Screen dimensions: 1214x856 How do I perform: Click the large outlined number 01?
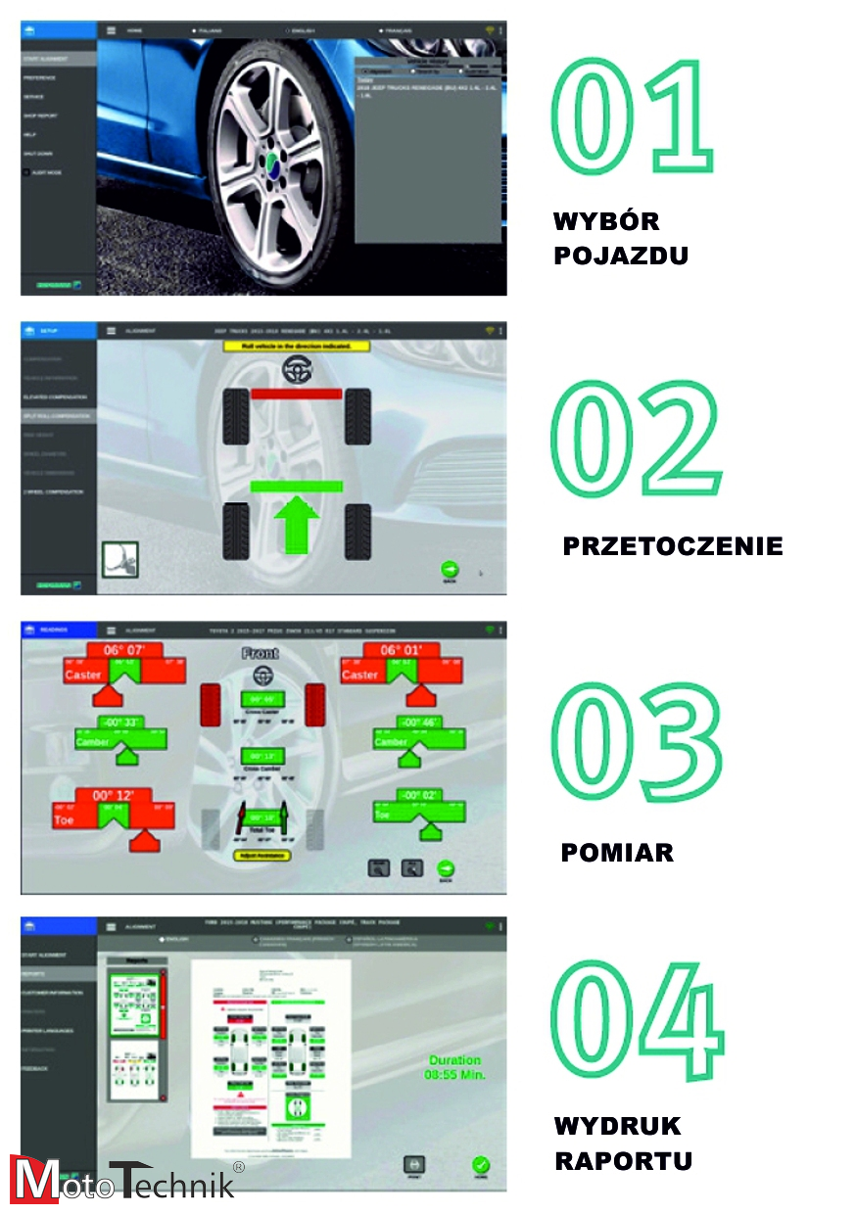pyautogui.click(x=631, y=118)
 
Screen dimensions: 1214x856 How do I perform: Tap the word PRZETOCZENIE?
pyautogui.click(x=673, y=546)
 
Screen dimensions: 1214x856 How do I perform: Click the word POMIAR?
pyautogui.click(x=617, y=853)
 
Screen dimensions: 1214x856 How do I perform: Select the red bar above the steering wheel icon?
pyautogui.click(x=297, y=394)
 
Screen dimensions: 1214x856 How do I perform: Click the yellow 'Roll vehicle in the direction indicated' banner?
pyautogui.click(x=299, y=347)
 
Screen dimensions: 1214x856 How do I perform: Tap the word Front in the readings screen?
pyautogui.click(x=261, y=653)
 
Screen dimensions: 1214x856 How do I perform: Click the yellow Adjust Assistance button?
pyautogui.click(x=262, y=855)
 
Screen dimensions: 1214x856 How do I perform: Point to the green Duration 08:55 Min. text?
pyautogui.click(x=455, y=1067)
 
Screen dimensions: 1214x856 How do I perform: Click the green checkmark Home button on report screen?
pyautogui.click(x=480, y=1166)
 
